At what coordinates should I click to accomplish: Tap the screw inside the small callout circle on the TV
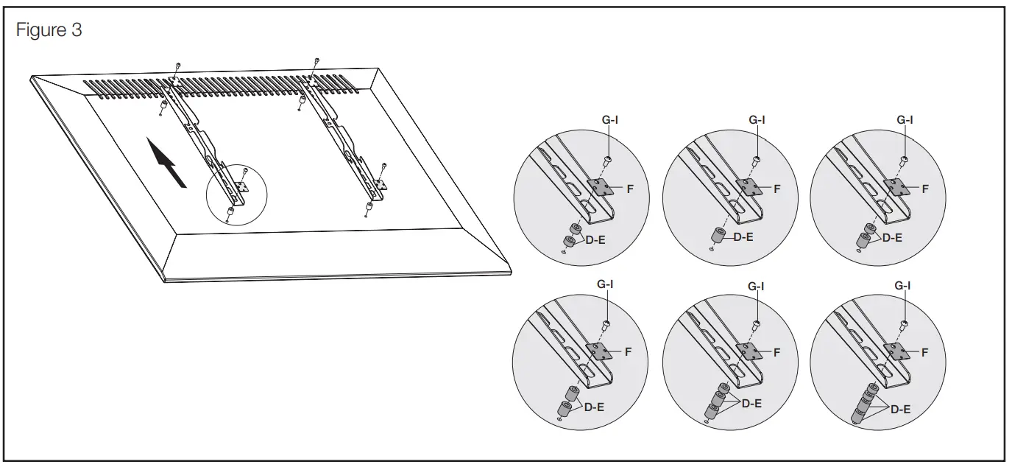244,172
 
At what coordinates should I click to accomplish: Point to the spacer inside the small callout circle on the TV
230,211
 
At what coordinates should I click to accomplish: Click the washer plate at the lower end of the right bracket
380,184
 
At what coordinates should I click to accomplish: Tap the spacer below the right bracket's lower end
369,207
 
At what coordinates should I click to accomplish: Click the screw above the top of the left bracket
179,66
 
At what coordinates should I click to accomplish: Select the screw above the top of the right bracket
316,60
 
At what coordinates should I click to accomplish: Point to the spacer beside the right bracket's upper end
301,99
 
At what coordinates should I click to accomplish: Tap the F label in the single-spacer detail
776,189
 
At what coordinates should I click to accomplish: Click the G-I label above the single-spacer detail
757,119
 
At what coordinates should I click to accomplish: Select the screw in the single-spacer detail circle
756,161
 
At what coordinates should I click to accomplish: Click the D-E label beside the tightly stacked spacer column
900,409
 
